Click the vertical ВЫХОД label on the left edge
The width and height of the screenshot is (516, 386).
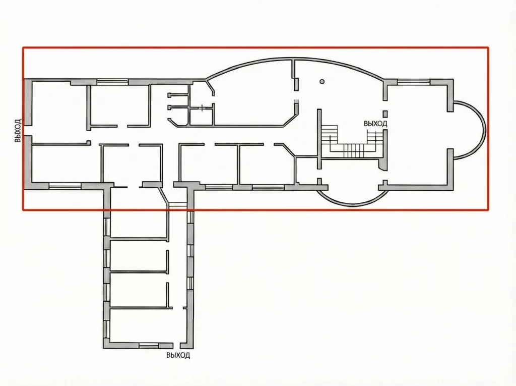click(18, 131)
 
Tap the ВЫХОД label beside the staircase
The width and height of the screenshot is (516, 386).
click(375, 124)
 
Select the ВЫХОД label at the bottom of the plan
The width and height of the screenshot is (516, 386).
click(178, 355)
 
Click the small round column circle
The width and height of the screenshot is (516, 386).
click(322, 81)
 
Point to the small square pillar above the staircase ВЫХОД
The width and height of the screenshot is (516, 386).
click(385, 114)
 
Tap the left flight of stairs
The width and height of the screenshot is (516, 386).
click(330, 138)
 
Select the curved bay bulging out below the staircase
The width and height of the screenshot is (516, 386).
click(353, 198)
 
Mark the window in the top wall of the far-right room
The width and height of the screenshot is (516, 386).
click(414, 81)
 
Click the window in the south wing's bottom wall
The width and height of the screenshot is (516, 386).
click(149, 346)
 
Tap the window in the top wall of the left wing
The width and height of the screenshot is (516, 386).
click(112, 82)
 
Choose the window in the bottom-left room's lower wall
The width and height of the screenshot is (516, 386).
click(65, 186)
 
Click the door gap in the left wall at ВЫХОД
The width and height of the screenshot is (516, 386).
click(28, 131)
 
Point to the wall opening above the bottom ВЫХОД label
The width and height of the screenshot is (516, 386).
click(176, 345)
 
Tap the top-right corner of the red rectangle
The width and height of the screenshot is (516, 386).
click(488, 47)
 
